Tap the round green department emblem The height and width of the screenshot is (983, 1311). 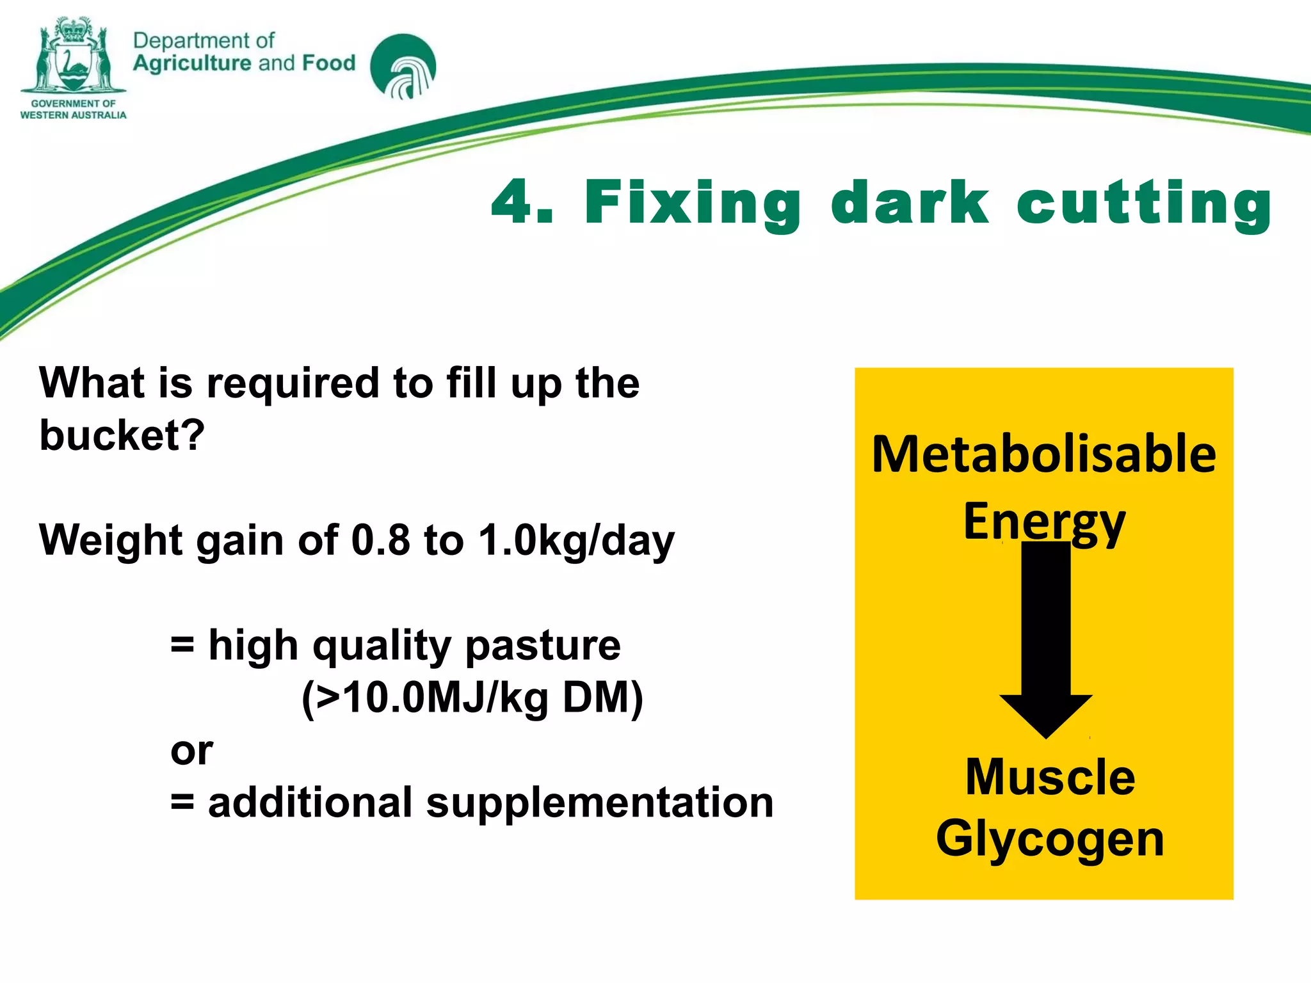pyautogui.click(x=403, y=67)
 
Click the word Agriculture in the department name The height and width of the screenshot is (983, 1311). pyautogui.click(x=192, y=63)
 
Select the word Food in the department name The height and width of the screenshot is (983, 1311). pyautogui.click(x=328, y=63)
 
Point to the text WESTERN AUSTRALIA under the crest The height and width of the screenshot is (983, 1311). pyautogui.click(x=73, y=115)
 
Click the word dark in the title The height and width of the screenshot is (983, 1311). pyautogui.click(x=910, y=202)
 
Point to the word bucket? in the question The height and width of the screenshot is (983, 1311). pyautogui.click(x=122, y=435)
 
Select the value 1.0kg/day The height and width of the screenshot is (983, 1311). pyautogui.click(x=576, y=541)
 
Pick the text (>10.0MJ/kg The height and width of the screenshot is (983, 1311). pyautogui.click(x=425, y=698)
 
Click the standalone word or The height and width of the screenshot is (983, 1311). pyautogui.click(x=191, y=751)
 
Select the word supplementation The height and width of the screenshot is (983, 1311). pyautogui.click(x=600, y=803)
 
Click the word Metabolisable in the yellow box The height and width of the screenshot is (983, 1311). pyautogui.click(x=1044, y=454)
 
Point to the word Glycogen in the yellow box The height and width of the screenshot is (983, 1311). pyautogui.click(x=1050, y=840)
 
